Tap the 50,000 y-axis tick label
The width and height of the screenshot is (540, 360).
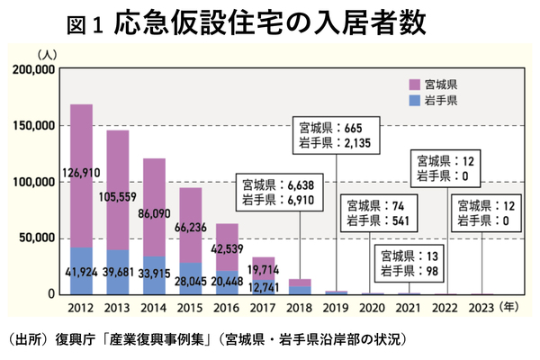(37, 238)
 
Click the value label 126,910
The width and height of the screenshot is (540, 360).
(81, 172)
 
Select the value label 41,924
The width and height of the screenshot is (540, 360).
(81, 272)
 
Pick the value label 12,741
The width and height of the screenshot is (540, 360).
(264, 287)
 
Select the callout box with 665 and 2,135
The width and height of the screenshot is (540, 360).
(337, 135)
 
